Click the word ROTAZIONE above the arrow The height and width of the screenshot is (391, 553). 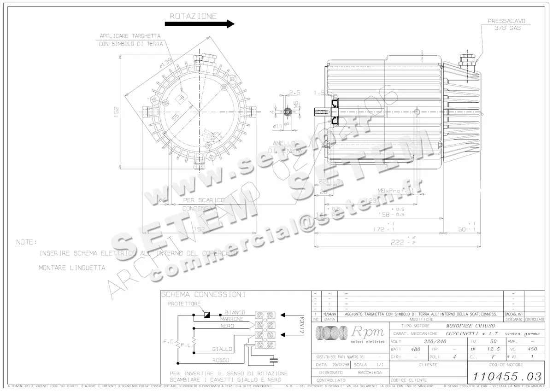[193, 16]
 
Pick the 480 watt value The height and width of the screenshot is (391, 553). [416, 349]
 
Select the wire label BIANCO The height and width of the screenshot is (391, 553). [235, 312]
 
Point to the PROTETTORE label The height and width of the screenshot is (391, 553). [184, 304]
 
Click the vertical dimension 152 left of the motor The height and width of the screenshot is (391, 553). [117, 111]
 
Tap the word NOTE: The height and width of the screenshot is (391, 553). [26, 242]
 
